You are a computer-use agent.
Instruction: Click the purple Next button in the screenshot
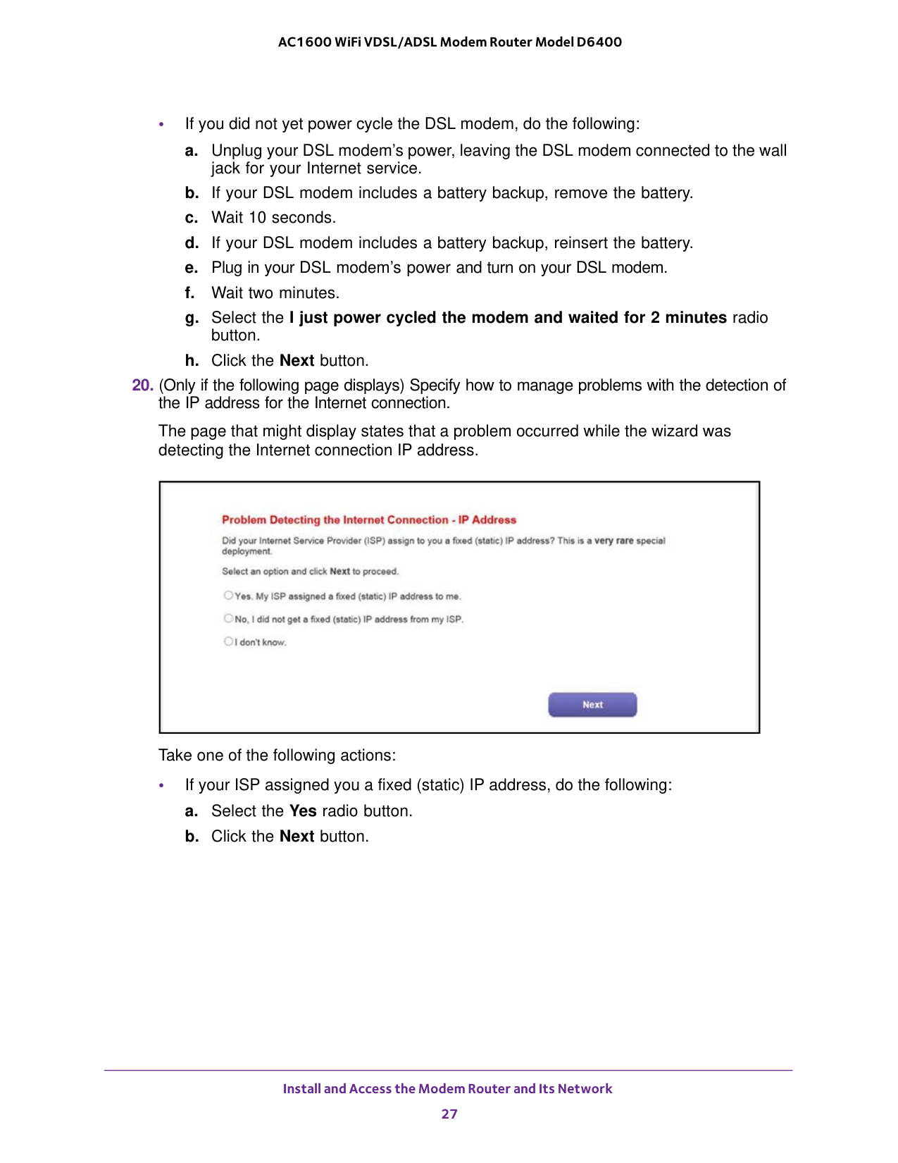592,704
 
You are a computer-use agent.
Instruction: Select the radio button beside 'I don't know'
228,641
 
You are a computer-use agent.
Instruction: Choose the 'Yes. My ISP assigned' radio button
228,596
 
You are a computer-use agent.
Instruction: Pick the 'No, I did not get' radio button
228,619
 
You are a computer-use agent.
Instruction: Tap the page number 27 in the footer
449,1114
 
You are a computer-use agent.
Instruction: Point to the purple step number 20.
142,386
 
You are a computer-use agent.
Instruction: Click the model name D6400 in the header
599,42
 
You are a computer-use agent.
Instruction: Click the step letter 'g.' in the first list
192,318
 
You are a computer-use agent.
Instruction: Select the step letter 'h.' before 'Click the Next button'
192,361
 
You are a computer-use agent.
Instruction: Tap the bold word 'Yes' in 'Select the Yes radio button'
303,811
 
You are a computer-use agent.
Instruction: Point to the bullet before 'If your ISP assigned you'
162,785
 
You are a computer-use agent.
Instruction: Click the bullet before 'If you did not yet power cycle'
162,125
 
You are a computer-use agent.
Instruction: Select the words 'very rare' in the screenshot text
613,541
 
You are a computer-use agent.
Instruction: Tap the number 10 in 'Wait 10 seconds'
257,218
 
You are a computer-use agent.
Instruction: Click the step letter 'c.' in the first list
192,218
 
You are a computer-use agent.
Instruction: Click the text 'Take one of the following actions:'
277,756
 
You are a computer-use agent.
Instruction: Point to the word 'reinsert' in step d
580,243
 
